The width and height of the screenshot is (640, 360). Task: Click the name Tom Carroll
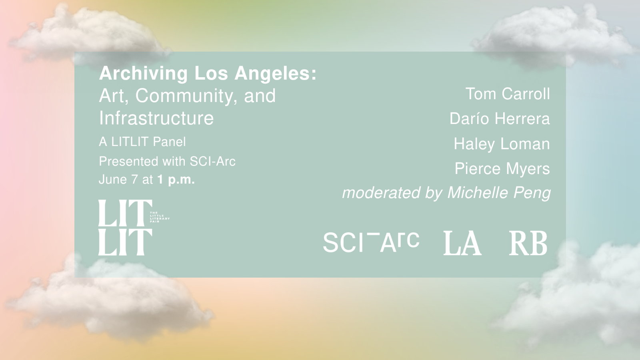508,94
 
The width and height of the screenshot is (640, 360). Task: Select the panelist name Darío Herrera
500,118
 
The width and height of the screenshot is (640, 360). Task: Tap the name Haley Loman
502,144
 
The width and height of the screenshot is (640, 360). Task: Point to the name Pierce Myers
502,168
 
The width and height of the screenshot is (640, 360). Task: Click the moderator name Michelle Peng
499,192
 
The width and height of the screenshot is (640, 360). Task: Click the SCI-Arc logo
371,242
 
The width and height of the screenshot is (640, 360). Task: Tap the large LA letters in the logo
462,243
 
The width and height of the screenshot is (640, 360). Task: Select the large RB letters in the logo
528,243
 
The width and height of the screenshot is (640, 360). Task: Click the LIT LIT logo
126,228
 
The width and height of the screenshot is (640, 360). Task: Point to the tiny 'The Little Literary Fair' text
160,217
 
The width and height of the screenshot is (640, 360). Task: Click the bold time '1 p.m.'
176,180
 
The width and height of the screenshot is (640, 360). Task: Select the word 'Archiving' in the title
143,74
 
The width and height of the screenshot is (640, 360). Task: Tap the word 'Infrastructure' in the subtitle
156,118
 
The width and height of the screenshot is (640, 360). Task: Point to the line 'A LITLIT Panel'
142,142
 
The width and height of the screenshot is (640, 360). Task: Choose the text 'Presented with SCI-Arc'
167,162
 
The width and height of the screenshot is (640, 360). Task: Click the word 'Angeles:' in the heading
276,74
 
